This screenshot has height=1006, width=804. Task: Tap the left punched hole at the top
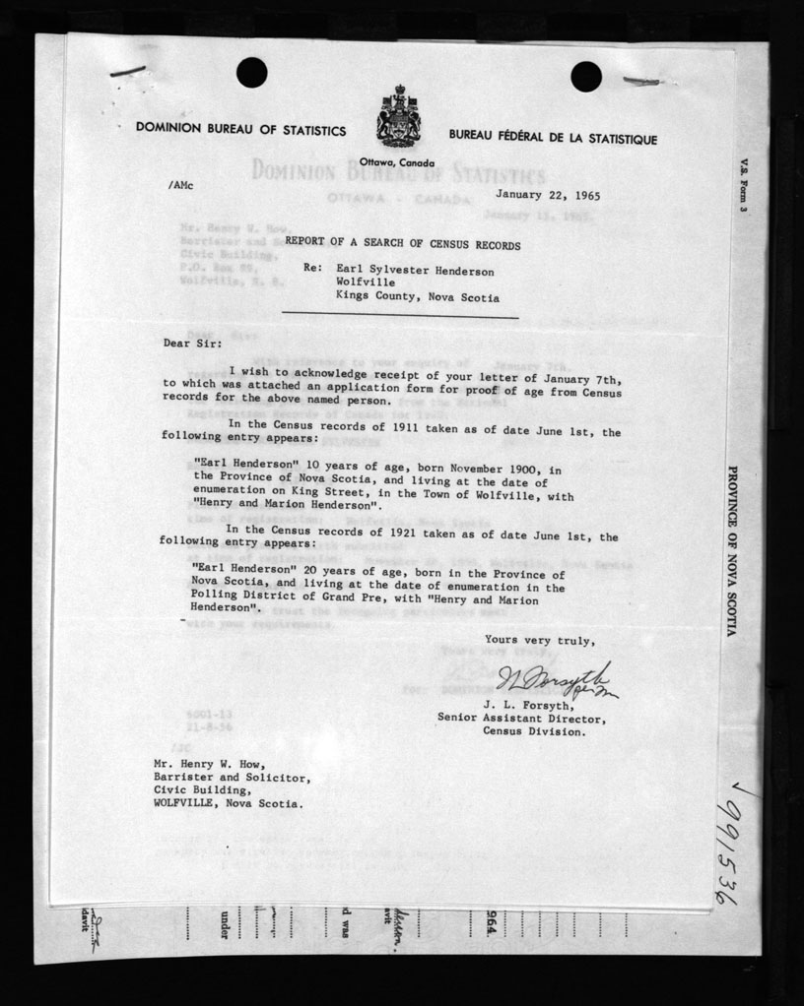tap(251, 71)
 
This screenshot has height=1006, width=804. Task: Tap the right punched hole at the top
tap(585, 76)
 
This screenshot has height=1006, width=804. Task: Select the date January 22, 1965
tap(548, 195)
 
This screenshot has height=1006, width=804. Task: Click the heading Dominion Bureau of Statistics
tap(240, 130)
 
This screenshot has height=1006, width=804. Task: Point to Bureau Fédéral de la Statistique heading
tap(552, 140)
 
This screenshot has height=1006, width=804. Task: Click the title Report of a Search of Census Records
tap(402, 244)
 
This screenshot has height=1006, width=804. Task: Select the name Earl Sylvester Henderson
tap(415, 270)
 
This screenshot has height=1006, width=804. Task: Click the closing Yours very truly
tap(539, 640)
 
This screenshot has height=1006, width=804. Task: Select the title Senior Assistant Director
tap(522, 718)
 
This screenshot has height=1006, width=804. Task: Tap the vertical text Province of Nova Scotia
tap(731, 551)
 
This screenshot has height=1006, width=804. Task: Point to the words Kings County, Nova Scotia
tap(417, 297)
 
